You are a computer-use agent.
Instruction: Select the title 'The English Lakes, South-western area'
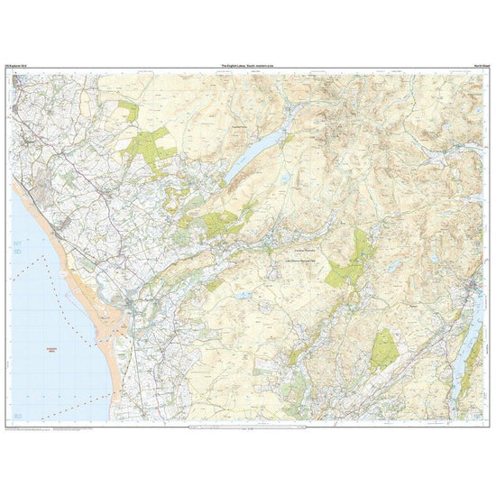(x=248, y=68)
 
